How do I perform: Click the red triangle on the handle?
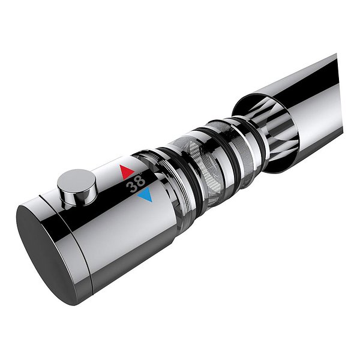(126, 172)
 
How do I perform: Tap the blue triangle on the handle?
(146, 194)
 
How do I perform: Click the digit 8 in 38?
(140, 181)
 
